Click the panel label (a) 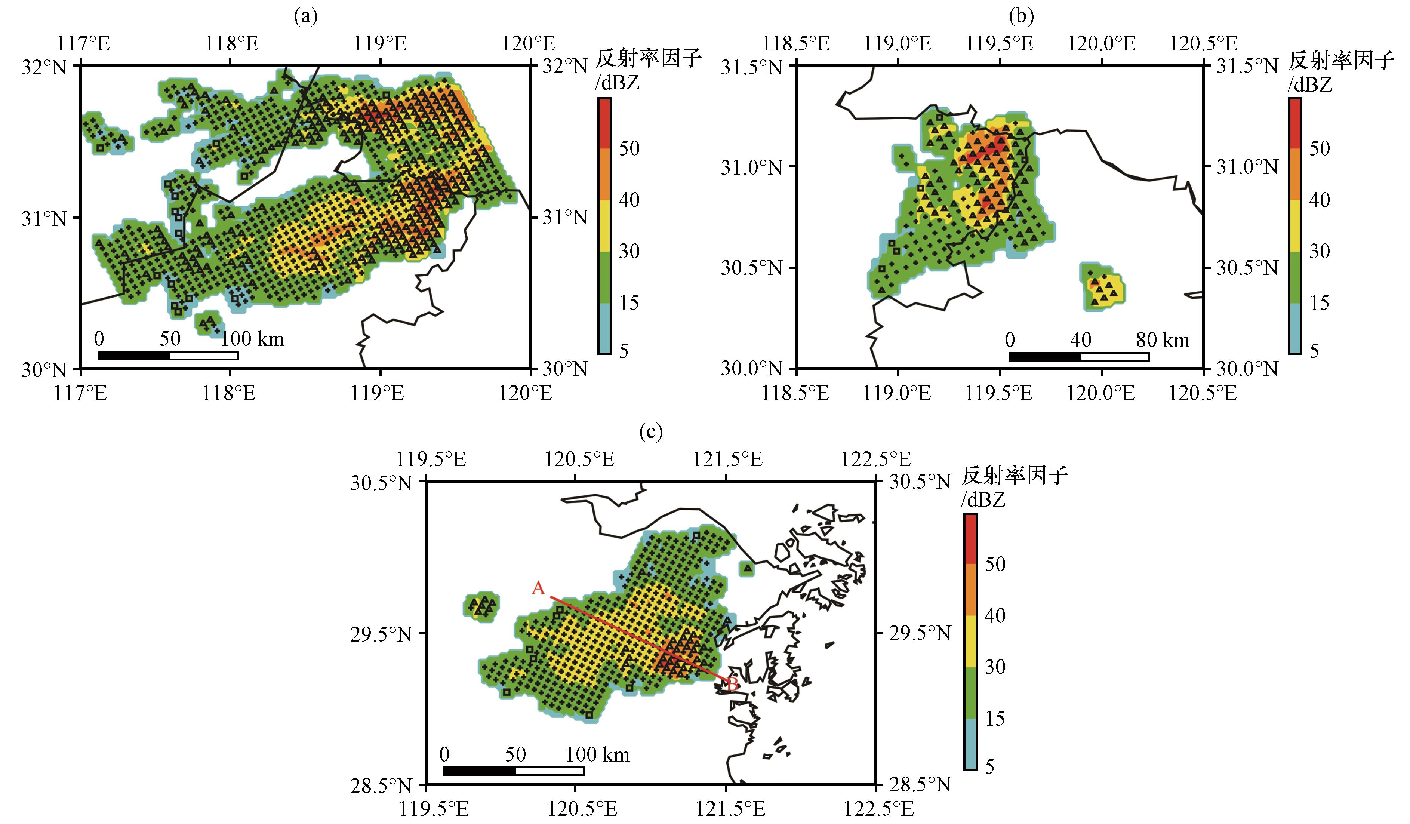tap(305, 17)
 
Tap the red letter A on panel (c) tap(538, 588)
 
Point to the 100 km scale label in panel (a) tap(252, 339)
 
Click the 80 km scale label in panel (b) tap(1162, 340)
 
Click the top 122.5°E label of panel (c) tap(876, 459)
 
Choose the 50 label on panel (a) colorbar tap(629, 148)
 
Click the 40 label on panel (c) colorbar tap(995, 616)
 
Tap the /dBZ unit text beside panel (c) tap(983, 499)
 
